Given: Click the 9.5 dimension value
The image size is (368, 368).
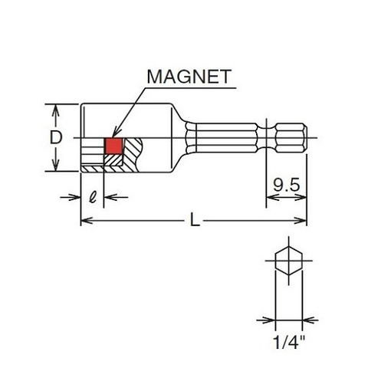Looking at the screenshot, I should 284,184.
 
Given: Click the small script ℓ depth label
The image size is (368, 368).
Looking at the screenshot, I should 93,195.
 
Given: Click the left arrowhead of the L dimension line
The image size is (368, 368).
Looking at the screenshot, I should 84,222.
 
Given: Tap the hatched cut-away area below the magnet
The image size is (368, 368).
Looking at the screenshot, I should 115,159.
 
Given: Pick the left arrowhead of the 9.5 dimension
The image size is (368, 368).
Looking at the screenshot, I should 270,196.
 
